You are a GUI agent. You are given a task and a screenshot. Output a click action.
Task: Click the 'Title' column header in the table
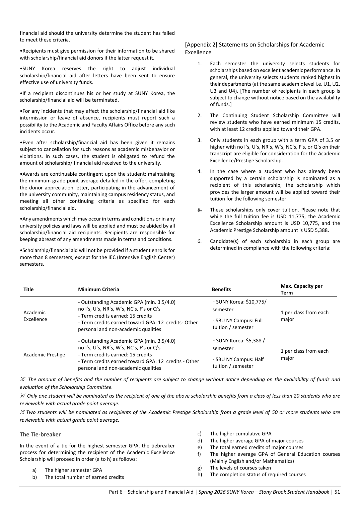point(28,289)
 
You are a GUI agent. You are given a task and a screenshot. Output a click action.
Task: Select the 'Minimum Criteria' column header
point(98,289)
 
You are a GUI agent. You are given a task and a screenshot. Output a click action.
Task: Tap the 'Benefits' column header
point(221,289)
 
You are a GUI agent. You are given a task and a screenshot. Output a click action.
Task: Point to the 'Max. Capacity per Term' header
point(301,289)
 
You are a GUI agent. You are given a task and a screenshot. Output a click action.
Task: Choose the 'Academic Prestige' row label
point(44,355)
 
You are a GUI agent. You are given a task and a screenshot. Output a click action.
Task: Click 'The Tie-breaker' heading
point(40,434)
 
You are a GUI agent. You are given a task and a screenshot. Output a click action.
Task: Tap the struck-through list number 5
point(199,210)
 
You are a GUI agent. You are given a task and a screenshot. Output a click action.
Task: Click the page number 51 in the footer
point(337,492)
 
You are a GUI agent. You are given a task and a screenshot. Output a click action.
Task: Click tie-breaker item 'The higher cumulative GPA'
point(240,434)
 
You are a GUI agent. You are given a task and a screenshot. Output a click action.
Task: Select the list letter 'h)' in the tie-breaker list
point(200,475)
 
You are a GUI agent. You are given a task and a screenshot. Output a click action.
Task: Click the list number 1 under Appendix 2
point(199,64)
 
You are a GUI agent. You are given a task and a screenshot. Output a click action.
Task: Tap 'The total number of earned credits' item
point(84,477)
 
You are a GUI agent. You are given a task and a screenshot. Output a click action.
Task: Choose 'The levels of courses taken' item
point(240,468)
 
